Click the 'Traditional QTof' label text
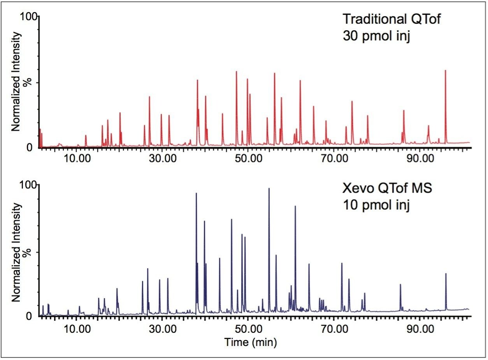coord(392,19)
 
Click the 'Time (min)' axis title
coord(250,342)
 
